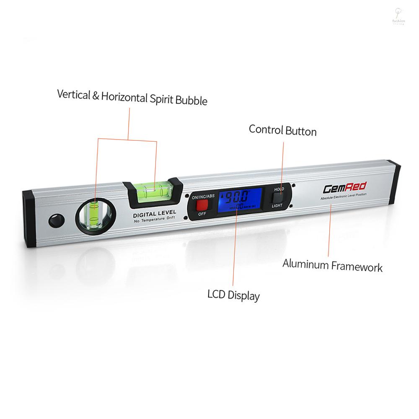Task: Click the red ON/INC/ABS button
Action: coord(202,205)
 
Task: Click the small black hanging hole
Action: coord(55,220)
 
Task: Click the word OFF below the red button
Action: coord(202,214)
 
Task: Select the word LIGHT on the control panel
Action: coord(277,206)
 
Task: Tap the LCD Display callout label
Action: coord(234,295)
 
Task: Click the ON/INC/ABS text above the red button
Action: coord(203,196)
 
